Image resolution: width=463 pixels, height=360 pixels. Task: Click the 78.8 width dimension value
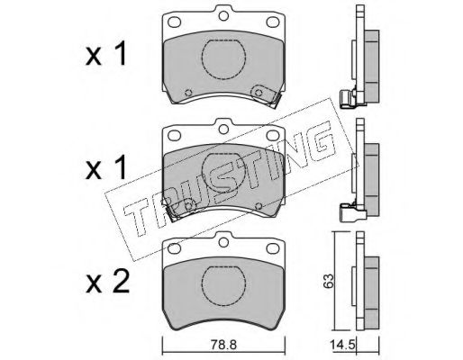click(223, 345)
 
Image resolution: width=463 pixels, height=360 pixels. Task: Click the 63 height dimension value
click(329, 281)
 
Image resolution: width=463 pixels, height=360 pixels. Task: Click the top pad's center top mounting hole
click(223, 16)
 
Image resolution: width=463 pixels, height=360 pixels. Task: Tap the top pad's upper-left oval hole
click(174, 22)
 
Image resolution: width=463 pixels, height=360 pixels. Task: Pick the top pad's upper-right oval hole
click(273, 22)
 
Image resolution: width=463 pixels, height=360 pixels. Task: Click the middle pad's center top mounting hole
click(223, 130)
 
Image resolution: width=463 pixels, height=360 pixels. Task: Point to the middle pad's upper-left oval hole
click(174, 135)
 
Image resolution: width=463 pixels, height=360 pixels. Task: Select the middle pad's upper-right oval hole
click(273, 135)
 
